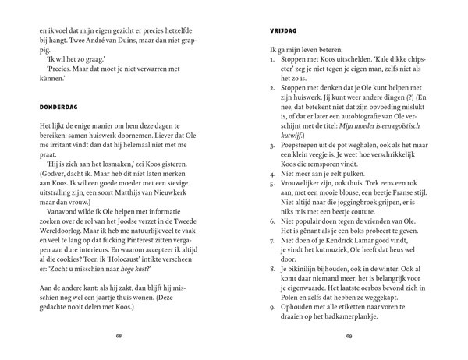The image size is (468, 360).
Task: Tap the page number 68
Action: (x=120, y=337)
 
